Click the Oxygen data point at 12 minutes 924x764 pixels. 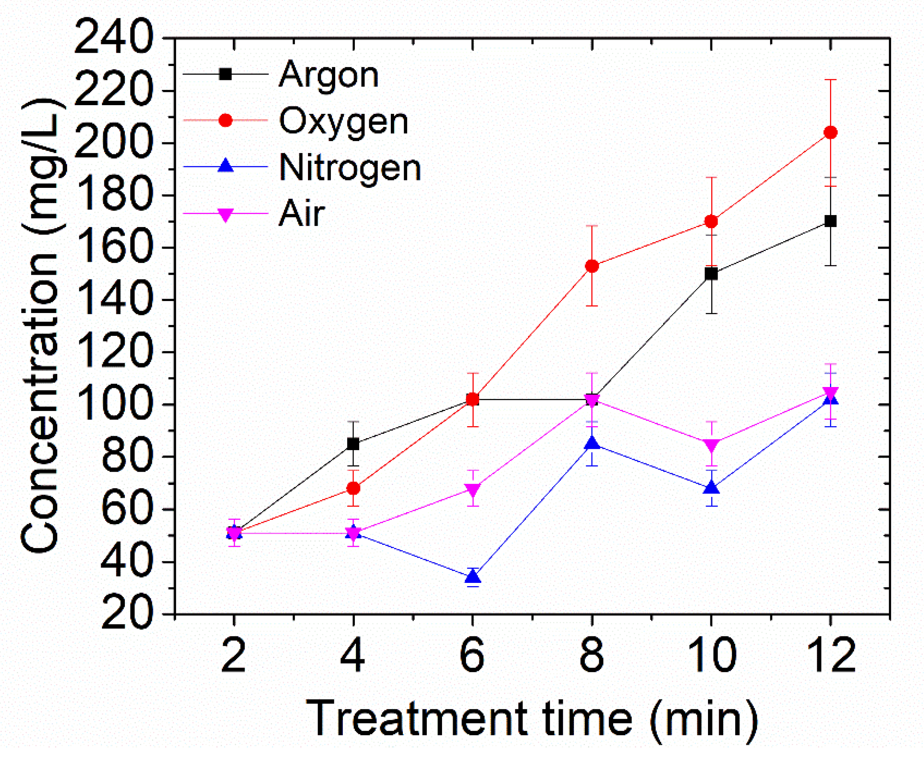(830, 132)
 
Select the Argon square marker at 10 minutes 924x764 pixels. (711, 273)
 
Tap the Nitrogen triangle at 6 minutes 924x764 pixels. (472, 576)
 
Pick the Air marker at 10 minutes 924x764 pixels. (712, 445)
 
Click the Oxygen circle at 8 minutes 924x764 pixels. (592, 266)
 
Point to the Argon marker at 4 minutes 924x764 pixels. (353, 444)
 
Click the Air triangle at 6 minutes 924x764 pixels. (472, 489)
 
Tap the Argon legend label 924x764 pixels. (329, 75)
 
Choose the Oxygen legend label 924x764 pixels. (344, 121)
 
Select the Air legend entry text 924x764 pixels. (302, 213)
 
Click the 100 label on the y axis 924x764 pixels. (114, 404)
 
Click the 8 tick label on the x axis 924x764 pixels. (592, 655)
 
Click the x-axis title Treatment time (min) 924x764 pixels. (532, 719)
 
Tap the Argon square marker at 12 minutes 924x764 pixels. (830, 221)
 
